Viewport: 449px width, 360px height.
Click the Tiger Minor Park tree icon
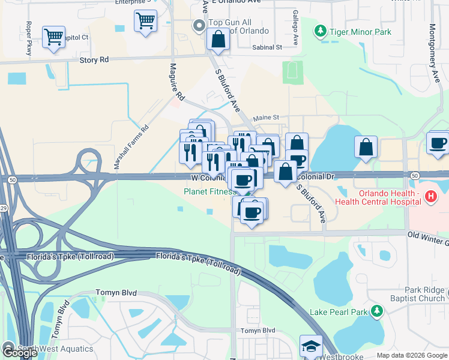point(321,31)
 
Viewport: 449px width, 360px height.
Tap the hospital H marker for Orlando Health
point(430,196)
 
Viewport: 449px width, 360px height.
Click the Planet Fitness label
point(209,192)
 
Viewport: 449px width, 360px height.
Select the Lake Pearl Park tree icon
point(376,311)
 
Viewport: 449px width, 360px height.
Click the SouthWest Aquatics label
point(55,349)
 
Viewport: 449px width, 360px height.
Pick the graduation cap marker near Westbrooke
point(311,347)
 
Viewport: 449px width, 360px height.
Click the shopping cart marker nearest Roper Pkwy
point(53,37)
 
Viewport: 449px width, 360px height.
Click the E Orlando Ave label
point(238,1)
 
